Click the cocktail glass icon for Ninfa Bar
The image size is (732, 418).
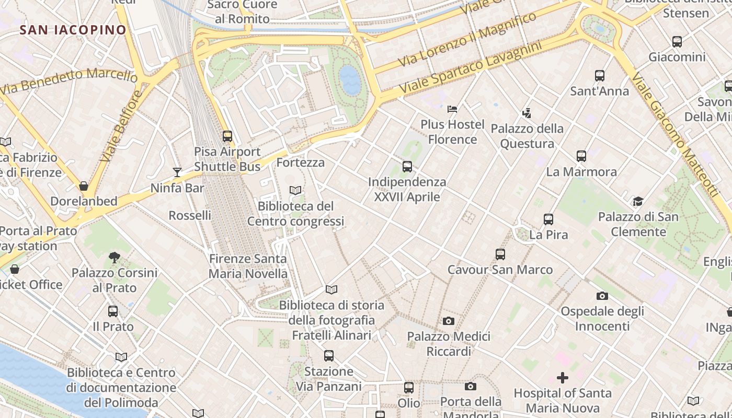177,172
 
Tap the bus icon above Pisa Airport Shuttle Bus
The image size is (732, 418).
227,136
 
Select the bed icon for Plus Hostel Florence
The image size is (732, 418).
452,109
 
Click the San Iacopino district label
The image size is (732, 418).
73,30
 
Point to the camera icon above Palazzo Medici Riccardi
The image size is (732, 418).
449,321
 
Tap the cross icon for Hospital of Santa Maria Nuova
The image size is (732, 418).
563,377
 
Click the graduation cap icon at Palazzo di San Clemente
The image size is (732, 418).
638,201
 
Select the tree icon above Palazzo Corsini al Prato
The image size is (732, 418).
114,257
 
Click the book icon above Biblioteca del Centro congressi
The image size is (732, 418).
295,191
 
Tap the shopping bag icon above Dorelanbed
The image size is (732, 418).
84,186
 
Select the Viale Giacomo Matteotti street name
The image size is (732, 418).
674,135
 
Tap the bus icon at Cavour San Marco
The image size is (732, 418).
500,254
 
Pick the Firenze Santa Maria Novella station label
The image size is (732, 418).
248,266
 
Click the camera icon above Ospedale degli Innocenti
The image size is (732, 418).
602,296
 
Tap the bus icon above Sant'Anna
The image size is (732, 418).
600,76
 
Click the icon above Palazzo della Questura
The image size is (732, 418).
527,113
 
